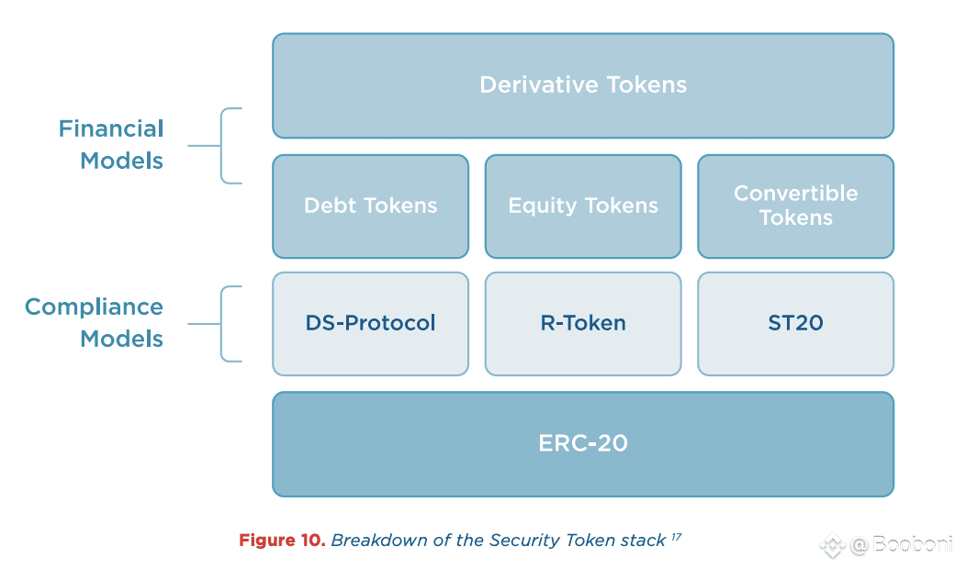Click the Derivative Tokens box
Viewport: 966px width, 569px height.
(583, 85)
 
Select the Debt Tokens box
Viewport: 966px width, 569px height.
(370, 206)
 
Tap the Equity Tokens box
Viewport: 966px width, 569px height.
(583, 206)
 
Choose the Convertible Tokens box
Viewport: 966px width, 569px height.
(795, 206)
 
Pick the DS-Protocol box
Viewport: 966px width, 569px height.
(370, 324)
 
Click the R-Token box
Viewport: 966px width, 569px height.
(583, 324)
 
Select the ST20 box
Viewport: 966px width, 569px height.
(795, 324)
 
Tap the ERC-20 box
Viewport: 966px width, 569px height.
(583, 444)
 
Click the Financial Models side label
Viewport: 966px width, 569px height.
(111, 145)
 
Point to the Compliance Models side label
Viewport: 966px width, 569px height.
(94, 323)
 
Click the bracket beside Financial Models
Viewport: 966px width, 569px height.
(222, 146)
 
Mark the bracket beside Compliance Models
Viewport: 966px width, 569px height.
(222, 324)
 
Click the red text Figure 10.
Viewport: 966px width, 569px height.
(282, 540)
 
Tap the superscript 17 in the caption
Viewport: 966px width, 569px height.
(677, 537)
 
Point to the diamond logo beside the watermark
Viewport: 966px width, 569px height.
(832, 545)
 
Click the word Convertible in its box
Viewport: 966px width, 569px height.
(795, 194)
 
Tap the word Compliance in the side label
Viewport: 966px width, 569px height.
(94, 307)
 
